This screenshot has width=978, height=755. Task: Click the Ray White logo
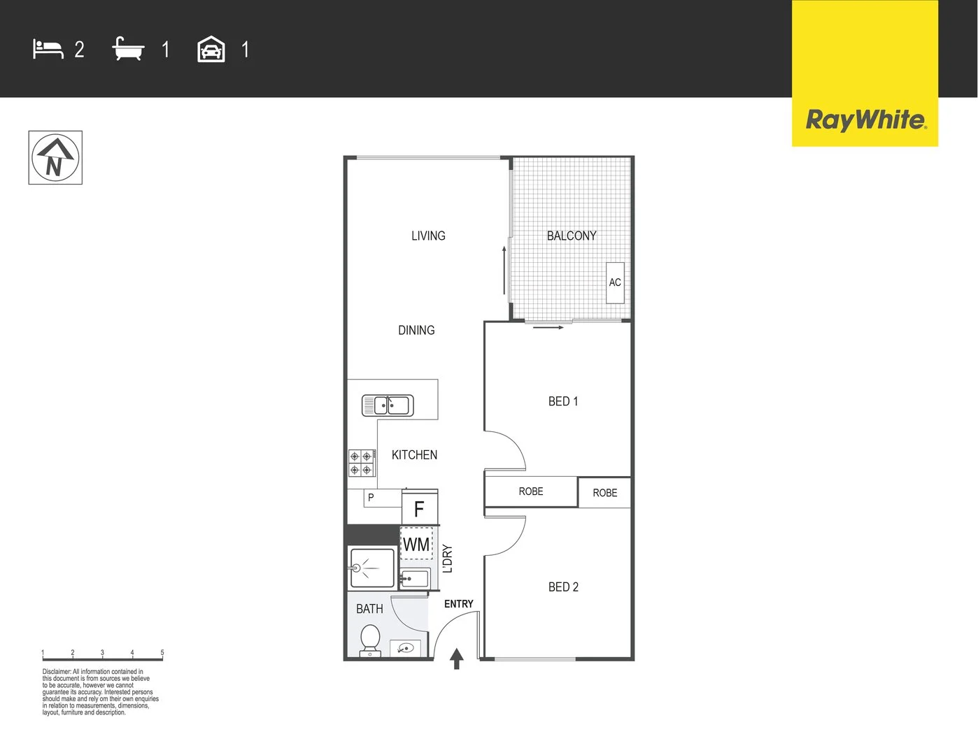click(865, 120)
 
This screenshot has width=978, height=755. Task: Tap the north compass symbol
click(55, 158)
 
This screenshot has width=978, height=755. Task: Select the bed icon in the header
click(48, 50)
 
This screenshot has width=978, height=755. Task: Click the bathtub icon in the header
click(128, 50)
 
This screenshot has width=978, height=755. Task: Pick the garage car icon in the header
click(211, 50)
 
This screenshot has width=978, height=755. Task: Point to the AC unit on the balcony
click(615, 282)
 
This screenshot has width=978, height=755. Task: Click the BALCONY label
click(572, 236)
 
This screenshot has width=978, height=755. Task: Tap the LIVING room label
click(428, 236)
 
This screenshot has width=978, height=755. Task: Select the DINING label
click(416, 331)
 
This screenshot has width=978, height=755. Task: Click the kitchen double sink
click(388, 405)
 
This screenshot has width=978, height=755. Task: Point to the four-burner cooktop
click(361, 463)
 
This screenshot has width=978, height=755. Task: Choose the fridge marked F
click(420, 509)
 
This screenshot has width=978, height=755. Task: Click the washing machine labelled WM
click(416, 545)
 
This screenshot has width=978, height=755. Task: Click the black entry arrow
click(457, 659)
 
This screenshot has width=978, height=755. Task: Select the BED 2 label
click(563, 587)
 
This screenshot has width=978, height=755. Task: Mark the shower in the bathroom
click(371, 568)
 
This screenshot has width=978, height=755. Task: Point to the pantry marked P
click(371, 498)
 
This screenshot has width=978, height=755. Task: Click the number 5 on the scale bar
click(162, 653)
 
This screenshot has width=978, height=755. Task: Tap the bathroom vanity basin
click(405, 648)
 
